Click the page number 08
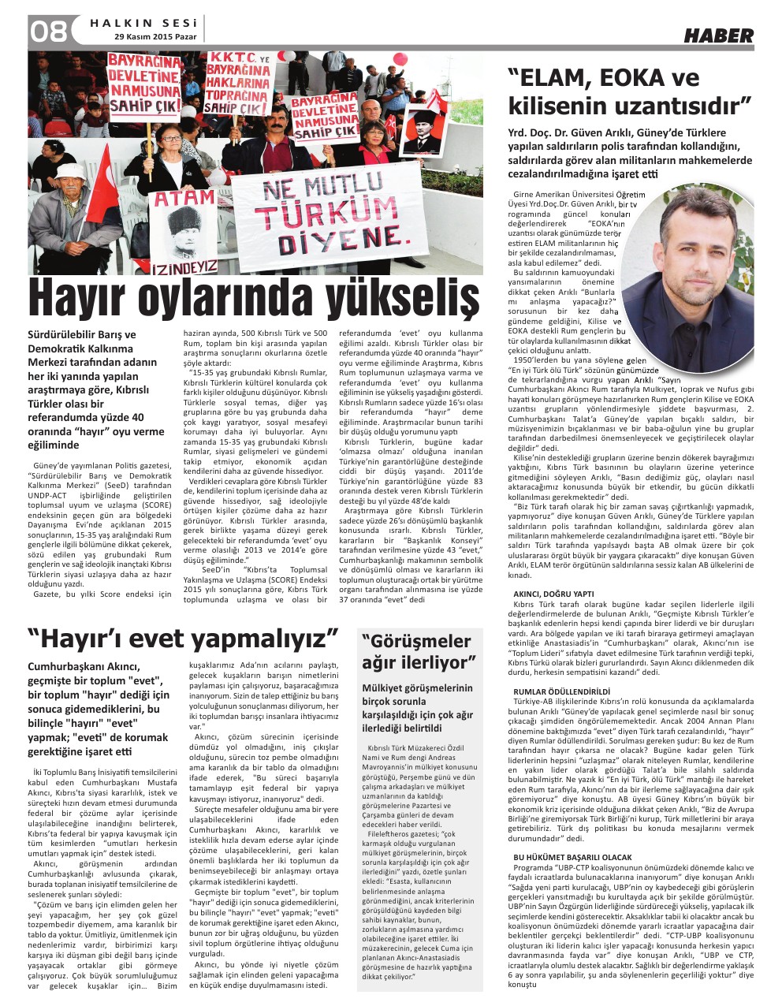(48, 32)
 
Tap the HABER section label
(717, 35)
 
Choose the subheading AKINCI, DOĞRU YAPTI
(553, 594)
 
